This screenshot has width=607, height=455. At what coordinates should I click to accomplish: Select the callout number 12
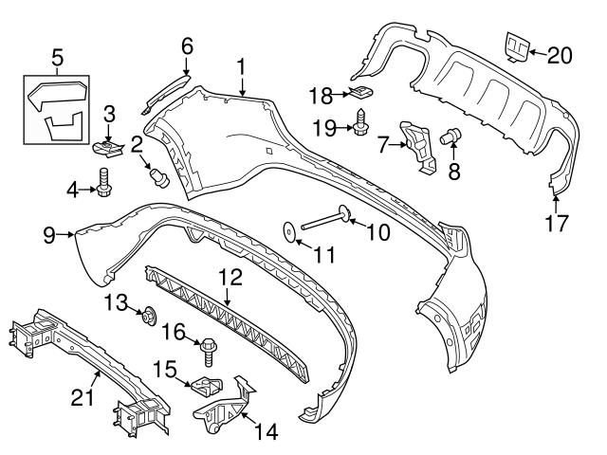point(230,278)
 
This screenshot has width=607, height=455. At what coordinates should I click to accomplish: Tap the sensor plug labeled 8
point(451,136)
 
